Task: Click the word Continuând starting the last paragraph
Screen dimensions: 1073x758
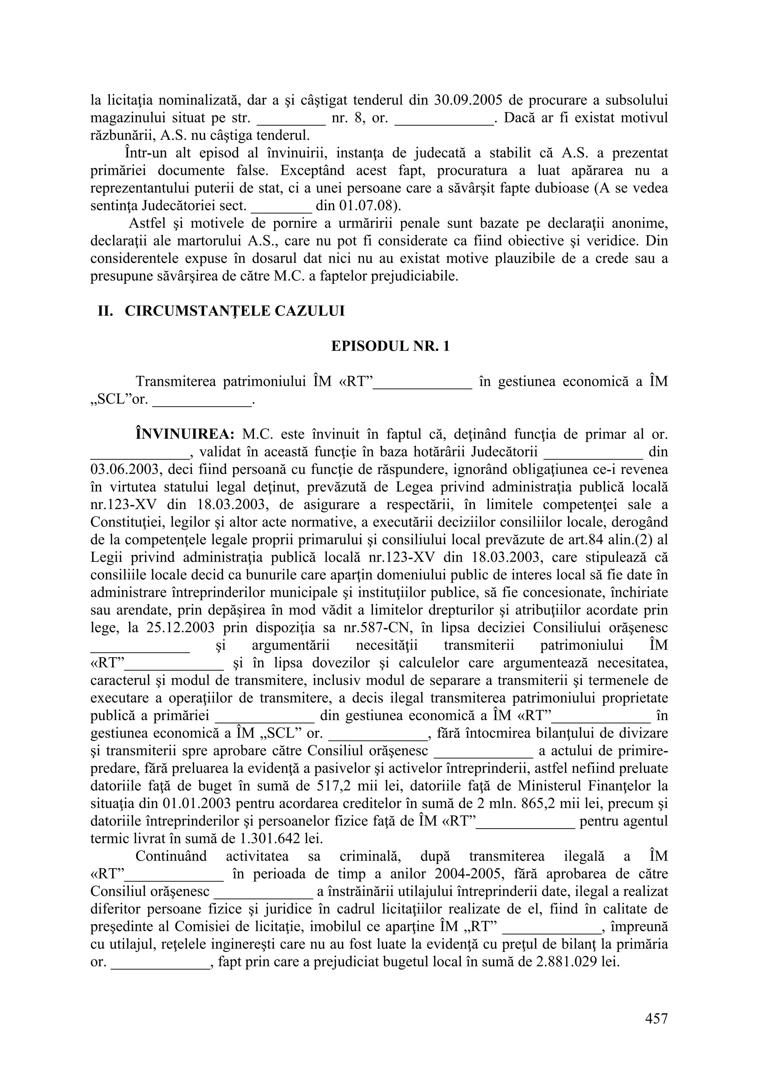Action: click(171, 856)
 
